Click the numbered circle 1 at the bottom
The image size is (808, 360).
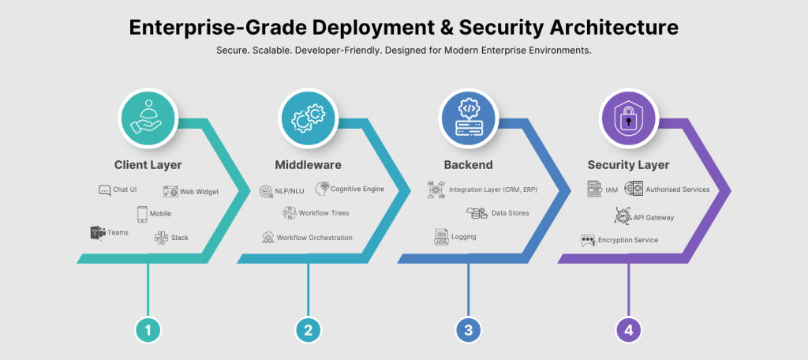click(148, 329)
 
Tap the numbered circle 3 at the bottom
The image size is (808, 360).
click(469, 329)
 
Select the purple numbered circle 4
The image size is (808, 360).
click(629, 329)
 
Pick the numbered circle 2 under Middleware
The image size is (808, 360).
click(309, 329)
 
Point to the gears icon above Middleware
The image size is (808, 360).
click(309, 118)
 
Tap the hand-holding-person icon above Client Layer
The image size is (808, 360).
click(148, 118)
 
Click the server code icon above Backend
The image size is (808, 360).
click(469, 118)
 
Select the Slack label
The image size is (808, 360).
click(180, 238)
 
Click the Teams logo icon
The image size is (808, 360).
click(98, 233)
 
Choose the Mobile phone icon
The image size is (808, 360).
click(142, 214)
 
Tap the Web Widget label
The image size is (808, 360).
click(199, 192)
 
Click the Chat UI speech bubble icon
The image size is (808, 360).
click(105, 190)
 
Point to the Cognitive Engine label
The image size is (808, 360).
click(357, 189)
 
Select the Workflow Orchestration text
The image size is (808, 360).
click(314, 238)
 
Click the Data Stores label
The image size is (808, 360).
click(511, 213)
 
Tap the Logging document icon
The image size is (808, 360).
click(441, 238)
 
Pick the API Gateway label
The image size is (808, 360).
click(653, 218)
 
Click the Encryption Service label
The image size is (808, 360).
click(627, 240)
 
